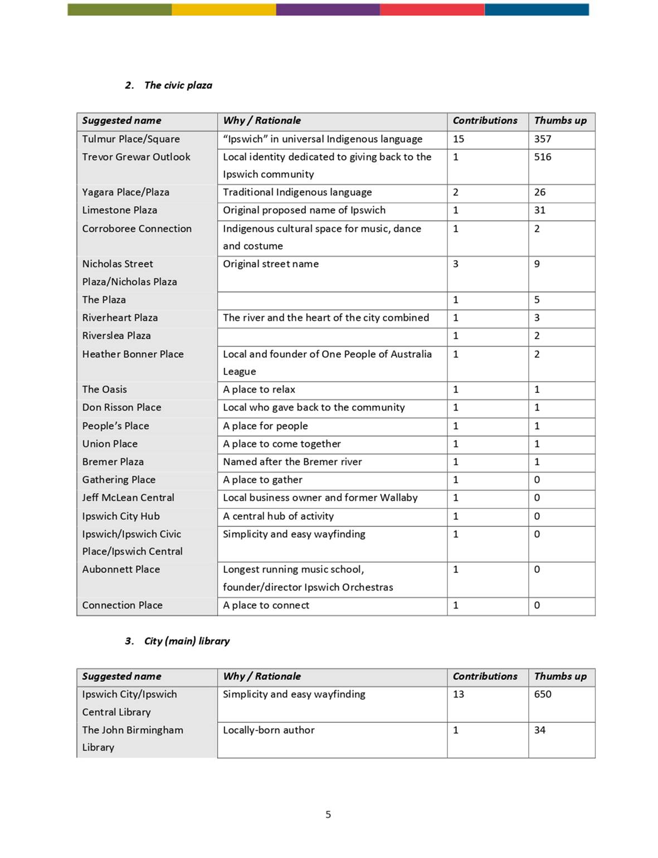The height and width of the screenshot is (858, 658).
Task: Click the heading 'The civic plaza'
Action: point(178,85)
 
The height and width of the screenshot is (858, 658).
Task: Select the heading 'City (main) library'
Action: point(187,641)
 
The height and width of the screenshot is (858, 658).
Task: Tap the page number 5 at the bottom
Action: point(328,815)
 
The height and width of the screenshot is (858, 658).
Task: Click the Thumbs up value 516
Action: point(542,157)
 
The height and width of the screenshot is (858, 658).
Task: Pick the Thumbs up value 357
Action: point(542,139)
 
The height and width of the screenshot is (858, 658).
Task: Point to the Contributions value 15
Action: point(458,139)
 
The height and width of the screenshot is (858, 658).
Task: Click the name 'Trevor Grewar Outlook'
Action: point(136,157)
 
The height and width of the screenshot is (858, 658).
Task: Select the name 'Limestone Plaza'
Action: point(119,210)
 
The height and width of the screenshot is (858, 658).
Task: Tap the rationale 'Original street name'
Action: point(271,264)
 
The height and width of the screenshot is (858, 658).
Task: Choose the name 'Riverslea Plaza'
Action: point(116,336)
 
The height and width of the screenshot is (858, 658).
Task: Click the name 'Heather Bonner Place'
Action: point(133,354)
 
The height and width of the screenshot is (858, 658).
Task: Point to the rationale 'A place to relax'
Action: point(259,389)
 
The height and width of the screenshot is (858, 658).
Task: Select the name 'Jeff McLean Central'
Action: point(128,498)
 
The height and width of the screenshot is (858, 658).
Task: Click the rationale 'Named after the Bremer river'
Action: point(293,462)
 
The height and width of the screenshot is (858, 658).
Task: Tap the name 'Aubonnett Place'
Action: point(121,569)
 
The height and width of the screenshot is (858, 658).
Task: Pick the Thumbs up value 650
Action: point(542,694)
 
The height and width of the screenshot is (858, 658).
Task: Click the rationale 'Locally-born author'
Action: point(269,730)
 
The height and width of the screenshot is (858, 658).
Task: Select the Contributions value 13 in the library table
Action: point(458,694)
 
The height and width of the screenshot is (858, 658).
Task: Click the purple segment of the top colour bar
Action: point(328,9)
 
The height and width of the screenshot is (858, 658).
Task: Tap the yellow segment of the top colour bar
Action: point(223,9)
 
